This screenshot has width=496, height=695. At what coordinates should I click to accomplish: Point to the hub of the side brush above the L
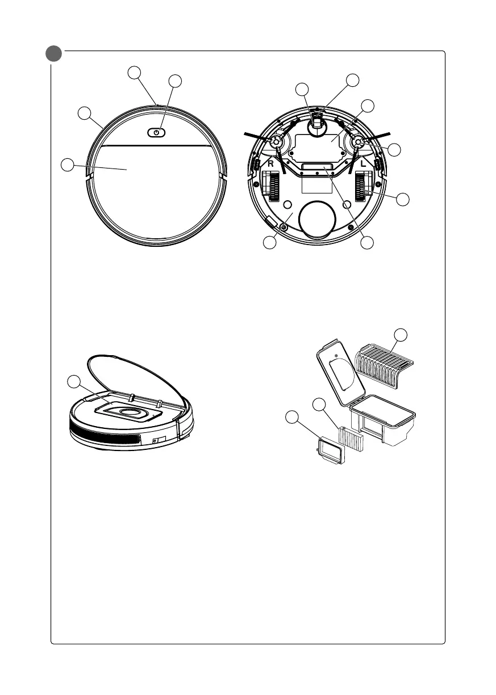tap(359, 144)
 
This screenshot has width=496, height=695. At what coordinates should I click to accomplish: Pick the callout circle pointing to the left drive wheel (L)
tap(402, 199)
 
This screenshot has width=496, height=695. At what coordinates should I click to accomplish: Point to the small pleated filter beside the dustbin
tap(350, 437)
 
